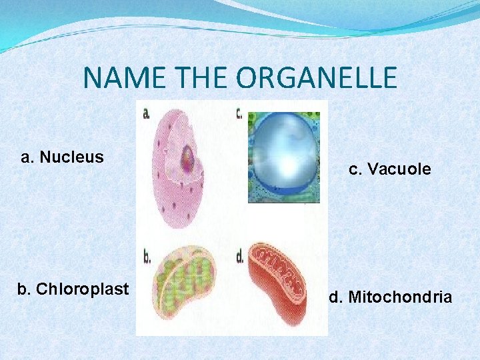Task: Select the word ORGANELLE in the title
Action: tap(316, 78)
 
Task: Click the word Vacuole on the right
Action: tap(399, 169)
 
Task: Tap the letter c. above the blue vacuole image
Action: tap(239, 113)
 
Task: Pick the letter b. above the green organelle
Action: tap(147, 255)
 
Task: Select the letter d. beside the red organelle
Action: tap(240, 255)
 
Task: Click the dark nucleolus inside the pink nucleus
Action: tap(187, 157)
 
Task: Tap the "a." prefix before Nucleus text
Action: tap(28, 157)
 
